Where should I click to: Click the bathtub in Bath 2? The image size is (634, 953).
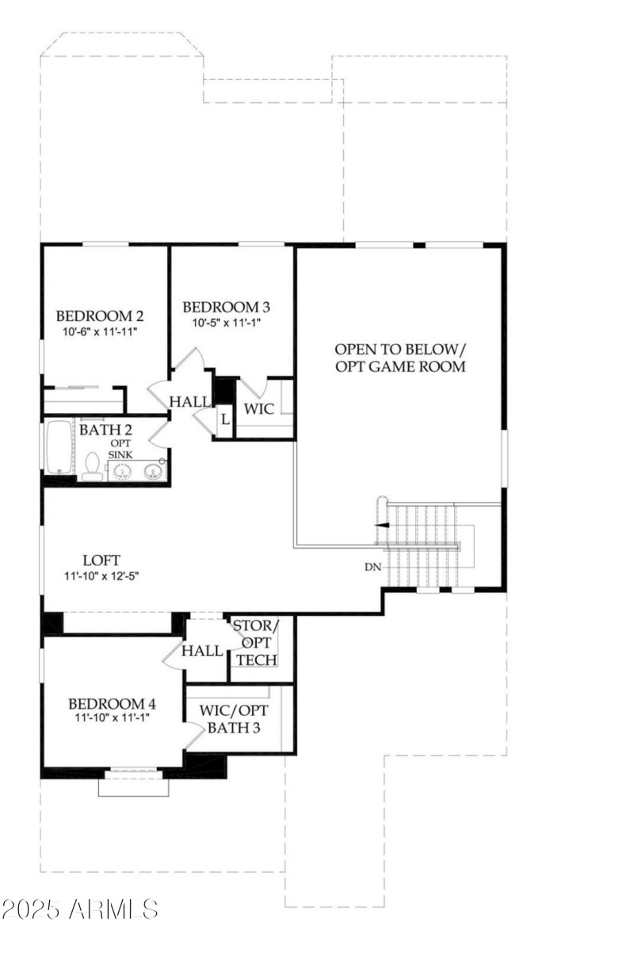(x=59, y=448)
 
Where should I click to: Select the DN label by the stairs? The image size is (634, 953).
(x=373, y=567)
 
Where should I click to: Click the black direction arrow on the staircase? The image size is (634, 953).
(x=382, y=525)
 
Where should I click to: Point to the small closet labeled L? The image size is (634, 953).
(x=225, y=418)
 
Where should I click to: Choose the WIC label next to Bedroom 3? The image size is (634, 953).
(x=258, y=409)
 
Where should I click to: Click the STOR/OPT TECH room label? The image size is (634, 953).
(x=255, y=642)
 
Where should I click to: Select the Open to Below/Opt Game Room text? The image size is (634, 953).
(x=399, y=358)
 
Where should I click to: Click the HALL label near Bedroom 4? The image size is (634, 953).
(x=202, y=651)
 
